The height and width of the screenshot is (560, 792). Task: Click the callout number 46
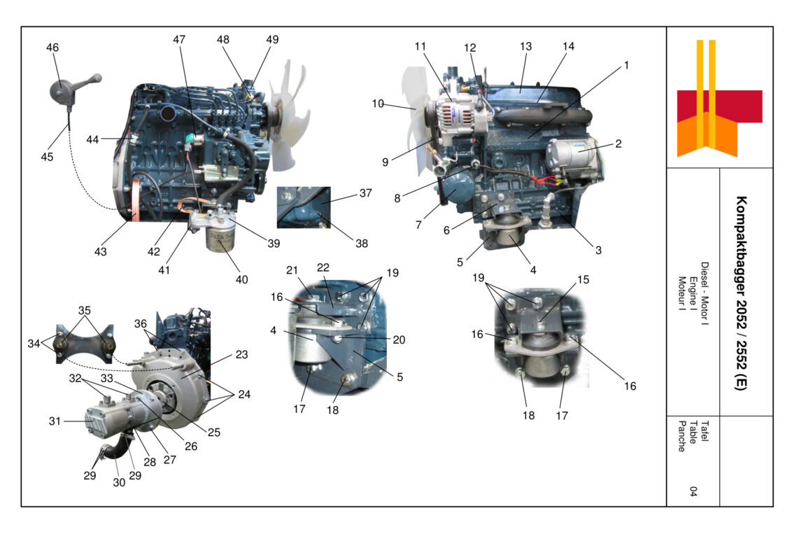pyautogui.click(x=52, y=48)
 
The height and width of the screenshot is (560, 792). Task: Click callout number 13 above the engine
pyautogui.click(x=525, y=46)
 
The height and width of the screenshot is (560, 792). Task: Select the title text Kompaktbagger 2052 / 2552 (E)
pyautogui.click(x=740, y=293)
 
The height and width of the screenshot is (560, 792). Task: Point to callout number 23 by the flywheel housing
pyautogui.click(x=241, y=355)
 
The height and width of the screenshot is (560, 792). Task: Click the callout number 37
pyautogui.click(x=365, y=193)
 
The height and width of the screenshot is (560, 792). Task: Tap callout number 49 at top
pyautogui.click(x=272, y=40)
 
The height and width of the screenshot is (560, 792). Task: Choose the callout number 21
pyautogui.click(x=292, y=270)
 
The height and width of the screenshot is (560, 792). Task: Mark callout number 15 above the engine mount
pyautogui.click(x=583, y=279)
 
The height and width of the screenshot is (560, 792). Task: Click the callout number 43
pyautogui.click(x=101, y=251)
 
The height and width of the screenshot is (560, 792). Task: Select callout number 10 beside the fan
pyautogui.click(x=378, y=104)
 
